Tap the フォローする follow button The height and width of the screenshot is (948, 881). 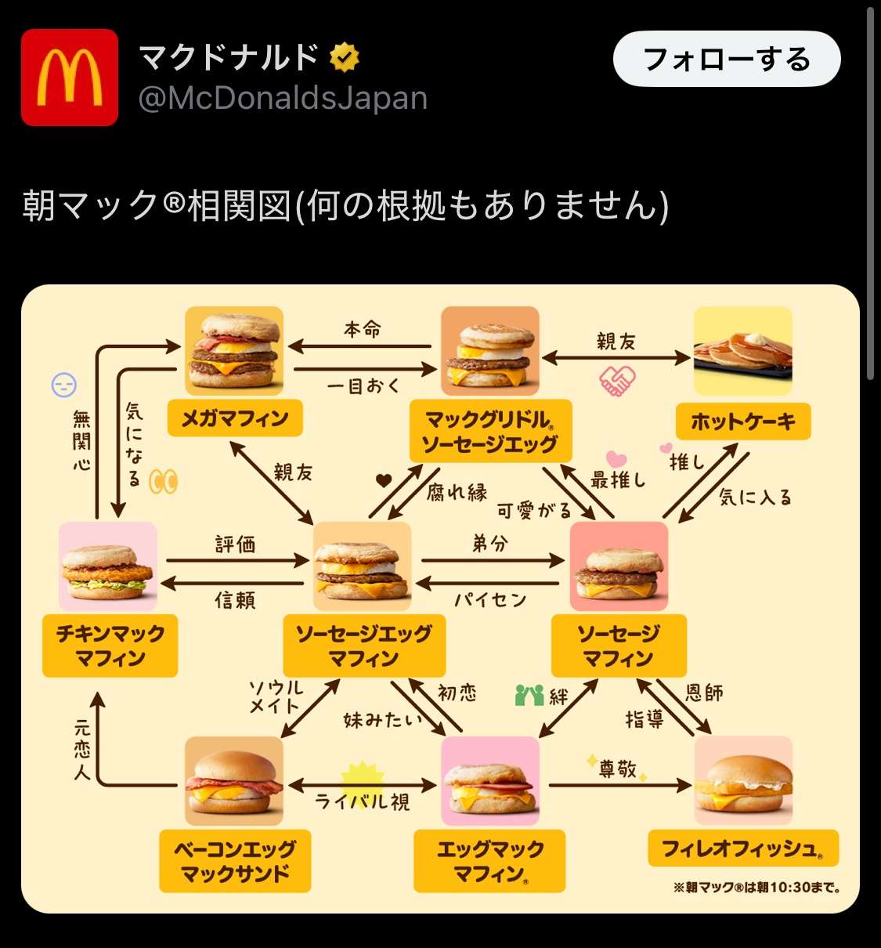pyautogui.click(x=726, y=59)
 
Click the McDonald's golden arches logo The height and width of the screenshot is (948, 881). pyautogui.click(x=70, y=78)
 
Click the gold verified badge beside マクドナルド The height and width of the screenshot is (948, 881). pyautogui.click(x=344, y=57)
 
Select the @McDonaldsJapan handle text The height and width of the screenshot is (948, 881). pyautogui.click(x=283, y=99)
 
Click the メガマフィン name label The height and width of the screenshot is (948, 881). pyautogui.click(x=235, y=419)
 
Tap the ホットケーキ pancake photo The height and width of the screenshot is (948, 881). pyautogui.click(x=742, y=350)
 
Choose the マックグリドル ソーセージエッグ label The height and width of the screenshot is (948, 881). pyautogui.click(x=490, y=432)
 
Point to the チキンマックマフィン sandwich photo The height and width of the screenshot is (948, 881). pyautogui.click(x=108, y=566)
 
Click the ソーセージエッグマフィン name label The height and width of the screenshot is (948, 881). pyautogui.click(x=363, y=646)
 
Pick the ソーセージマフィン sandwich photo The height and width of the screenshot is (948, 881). pyautogui.click(x=619, y=566)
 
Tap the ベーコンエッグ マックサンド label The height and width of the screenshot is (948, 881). pyautogui.click(x=235, y=861)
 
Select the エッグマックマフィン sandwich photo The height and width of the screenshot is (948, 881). pyautogui.click(x=490, y=780)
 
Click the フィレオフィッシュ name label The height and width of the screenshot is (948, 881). pyautogui.click(x=742, y=848)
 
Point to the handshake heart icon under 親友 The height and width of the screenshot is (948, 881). pyautogui.click(x=617, y=381)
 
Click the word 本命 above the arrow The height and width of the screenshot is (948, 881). pyautogui.click(x=362, y=330)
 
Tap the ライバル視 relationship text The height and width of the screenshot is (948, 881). pyautogui.click(x=362, y=801)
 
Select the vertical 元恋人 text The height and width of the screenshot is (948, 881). pyautogui.click(x=81, y=750)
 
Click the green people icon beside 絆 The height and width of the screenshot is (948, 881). pyautogui.click(x=529, y=695)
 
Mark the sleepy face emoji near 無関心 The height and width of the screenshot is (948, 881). pyautogui.click(x=64, y=385)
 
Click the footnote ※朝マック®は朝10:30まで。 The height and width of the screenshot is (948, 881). pyautogui.click(x=756, y=888)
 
